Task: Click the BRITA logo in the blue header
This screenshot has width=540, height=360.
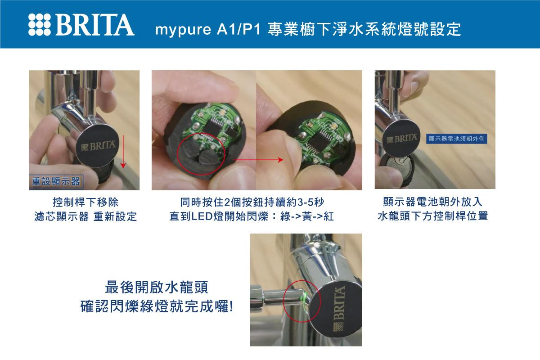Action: (81, 25)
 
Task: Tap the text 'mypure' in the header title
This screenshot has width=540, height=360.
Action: (183, 30)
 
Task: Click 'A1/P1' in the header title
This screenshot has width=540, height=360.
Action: (238, 29)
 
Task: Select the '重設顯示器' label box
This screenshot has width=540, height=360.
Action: (56, 181)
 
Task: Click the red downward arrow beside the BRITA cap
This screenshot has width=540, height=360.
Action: (123, 152)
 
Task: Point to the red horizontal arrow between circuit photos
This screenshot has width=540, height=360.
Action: (258, 160)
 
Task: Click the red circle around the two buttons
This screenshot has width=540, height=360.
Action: (201, 154)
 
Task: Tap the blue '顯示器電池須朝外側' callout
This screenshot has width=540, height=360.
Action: (457, 139)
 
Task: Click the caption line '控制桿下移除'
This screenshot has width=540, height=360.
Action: (85, 202)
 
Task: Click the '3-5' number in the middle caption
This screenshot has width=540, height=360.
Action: (306, 202)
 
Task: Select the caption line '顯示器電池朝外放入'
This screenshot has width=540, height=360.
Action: (433, 202)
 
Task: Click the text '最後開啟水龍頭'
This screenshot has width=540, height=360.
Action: (157, 287)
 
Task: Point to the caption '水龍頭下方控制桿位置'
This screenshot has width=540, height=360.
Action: (433, 216)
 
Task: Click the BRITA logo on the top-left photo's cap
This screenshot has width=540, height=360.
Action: (99, 146)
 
